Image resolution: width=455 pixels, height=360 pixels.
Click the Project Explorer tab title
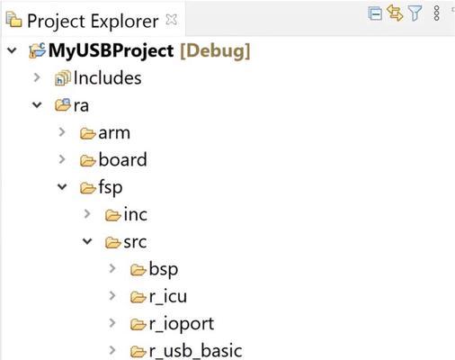pyautogui.click(x=93, y=22)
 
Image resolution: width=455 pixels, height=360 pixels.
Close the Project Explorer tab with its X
pyautogui.click(x=172, y=20)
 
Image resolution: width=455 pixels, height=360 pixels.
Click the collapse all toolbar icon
pyautogui.click(x=375, y=13)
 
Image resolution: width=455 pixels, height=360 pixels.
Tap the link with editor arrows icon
pyautogui.click(x=395, y=13)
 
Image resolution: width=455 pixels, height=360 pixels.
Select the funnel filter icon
pyautogui.click(x=415, y=13)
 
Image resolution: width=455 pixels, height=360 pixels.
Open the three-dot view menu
pyautogui.click(x=437, y=13)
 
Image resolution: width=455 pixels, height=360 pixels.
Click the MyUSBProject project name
pyautogui.click(x=111, y=50)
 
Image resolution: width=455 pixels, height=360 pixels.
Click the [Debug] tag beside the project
pyautogui.click(x=215, y=51)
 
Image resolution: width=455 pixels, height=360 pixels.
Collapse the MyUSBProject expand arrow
pyautogui.click(x=12, y=50)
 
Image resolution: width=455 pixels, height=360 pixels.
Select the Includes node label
pyautogui.click(x=107, y=78)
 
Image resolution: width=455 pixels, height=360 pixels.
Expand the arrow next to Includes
pyautogui.click(x=37, y=77)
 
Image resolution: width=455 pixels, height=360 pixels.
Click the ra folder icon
pyautogui.click(x=63, y=104)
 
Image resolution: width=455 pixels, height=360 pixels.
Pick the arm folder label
pyautogui.click(x=114, y=133)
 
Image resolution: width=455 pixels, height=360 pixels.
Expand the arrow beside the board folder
pyautogui.click(x=62, y=159)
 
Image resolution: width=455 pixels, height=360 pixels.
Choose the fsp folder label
pyautogui.click(x=111, y=188)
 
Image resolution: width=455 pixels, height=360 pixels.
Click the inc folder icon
pyautogui.click(x=113, y=215)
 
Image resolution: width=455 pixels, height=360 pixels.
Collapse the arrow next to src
pyautogui.click(x=87, y=241)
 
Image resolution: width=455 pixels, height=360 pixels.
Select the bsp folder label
pyautogui.click(x=164, y=269)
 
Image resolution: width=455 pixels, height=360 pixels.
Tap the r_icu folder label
pyautogui.click(x=168, y=296)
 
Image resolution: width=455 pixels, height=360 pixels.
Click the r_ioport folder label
pyautogui.click(x=182, y=324)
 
